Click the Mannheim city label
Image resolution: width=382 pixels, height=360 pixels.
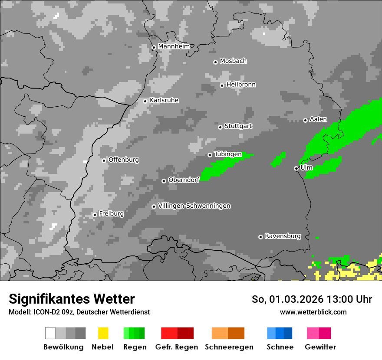coord(174,46)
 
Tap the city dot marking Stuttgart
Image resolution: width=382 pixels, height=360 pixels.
coord(221,127)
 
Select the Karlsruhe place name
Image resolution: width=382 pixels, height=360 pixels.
coord(164,100)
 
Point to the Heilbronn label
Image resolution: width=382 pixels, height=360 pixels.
coord(241,85)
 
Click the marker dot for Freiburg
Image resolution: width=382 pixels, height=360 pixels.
coord(95,215)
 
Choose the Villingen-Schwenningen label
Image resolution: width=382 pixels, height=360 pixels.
coord(194,206)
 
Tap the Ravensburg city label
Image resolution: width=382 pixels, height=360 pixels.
coord(283,236)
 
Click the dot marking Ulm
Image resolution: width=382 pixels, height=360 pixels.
coord(296,168)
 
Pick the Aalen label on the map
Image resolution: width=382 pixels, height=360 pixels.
coord(318,119)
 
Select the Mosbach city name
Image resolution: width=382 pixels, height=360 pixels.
coord(233,61)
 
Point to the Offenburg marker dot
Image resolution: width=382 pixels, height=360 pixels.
coord(104,160)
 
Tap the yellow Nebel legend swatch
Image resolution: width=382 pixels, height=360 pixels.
coord(103,333)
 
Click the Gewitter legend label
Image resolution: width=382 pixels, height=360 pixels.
coord(320,347)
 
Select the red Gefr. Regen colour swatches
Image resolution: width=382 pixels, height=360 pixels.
coord(177,333)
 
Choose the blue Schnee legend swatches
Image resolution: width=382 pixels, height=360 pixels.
coord(280,333)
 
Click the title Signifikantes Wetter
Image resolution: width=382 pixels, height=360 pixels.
coord(72,299)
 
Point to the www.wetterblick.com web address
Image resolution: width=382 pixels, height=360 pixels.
coord(313,312)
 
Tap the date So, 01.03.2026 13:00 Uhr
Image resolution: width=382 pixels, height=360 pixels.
coord(312,299)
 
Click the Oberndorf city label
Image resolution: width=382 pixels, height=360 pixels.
coord(184,180)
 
